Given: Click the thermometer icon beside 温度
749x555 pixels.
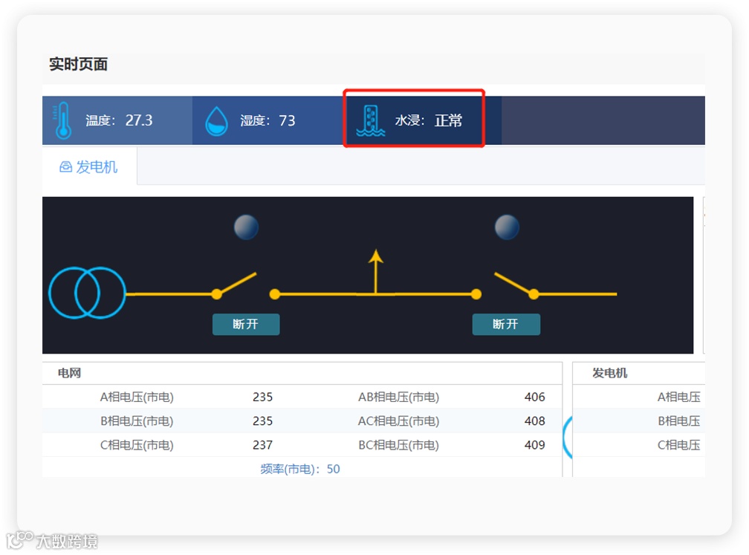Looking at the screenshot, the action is click(62, 120).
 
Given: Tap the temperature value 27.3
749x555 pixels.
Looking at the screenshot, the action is click(139, 120).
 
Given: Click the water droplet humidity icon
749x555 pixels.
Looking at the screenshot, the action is click(216, 120).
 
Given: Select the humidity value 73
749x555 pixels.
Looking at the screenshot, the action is click(287, 120).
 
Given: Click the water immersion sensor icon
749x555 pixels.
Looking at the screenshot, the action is click(370, 120).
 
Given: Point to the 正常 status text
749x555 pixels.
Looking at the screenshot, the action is click(448, 120).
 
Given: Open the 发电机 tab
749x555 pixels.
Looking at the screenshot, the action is click(89, 166).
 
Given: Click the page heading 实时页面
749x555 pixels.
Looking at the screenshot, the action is click(79, 65).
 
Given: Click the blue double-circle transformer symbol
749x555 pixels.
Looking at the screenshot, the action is click(87, 293).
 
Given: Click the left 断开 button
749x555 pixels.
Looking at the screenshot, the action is click(246, 325).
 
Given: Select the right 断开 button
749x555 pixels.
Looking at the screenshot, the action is click(506, 325).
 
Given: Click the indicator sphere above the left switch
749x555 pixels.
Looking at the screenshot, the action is click(246, 227).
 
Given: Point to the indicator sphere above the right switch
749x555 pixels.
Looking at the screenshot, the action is click(507, 227).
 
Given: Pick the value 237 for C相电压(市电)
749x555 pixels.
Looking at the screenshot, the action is click(262, 445).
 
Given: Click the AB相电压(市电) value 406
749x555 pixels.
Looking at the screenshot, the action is click(534, 397).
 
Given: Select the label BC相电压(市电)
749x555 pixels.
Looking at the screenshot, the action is click(398, 445).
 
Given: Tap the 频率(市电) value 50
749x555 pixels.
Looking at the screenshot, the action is click(334, 469).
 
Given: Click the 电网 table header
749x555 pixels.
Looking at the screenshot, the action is click(69, 373).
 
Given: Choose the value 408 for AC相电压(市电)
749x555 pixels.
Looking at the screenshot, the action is click(534, 421).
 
